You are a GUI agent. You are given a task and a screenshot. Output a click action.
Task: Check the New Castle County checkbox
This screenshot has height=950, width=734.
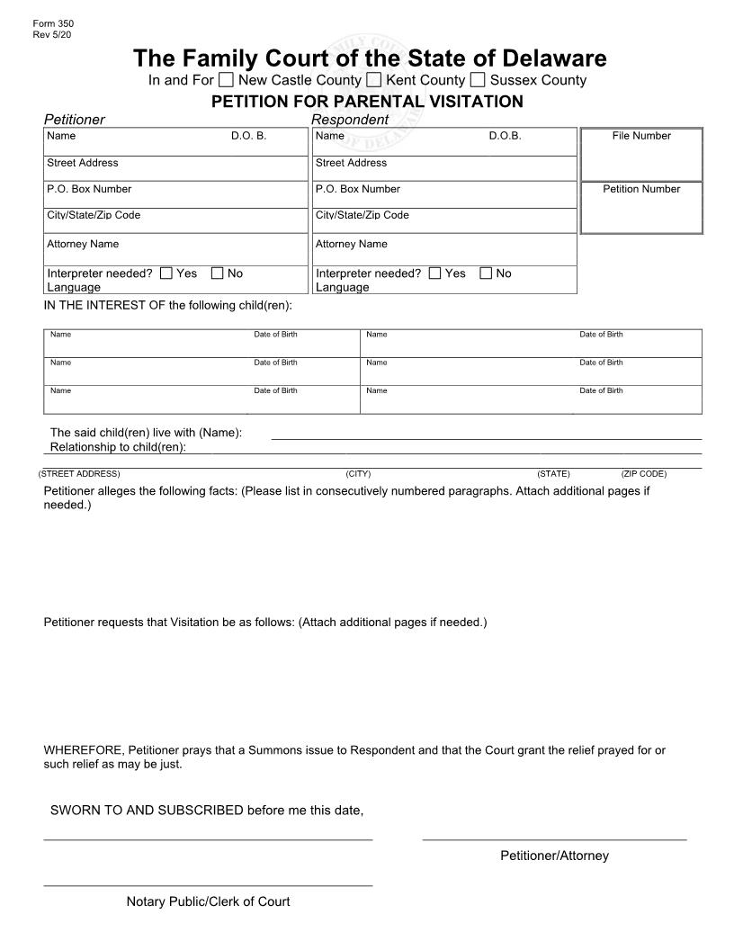[226, 80]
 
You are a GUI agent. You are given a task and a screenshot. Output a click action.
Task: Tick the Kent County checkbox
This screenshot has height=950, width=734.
[374, 80]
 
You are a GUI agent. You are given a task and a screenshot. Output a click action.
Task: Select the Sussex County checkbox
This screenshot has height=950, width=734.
[478, 80]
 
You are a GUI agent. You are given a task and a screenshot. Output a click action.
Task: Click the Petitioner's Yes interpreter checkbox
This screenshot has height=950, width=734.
[166, 273]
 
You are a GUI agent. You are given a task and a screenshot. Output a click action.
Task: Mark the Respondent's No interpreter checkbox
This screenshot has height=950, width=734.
[487, 273]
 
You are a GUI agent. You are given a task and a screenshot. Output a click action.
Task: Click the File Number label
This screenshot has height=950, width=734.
[641, 136]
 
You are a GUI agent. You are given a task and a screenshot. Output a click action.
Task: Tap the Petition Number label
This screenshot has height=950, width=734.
[641, 189]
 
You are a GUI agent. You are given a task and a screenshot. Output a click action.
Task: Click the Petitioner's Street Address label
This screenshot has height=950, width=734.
[82, 163]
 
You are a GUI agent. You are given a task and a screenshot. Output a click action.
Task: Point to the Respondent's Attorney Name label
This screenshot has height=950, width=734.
[351, 244]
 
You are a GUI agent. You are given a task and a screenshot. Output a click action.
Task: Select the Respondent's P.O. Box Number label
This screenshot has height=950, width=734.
[357, 189]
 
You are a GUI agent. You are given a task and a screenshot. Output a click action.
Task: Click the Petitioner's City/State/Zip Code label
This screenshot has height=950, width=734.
[94, 215]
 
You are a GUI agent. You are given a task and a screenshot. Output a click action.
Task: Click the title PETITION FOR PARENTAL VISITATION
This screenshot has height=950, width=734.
[367, 102]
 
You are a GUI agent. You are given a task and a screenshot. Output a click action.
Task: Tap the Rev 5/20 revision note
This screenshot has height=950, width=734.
[51, 34]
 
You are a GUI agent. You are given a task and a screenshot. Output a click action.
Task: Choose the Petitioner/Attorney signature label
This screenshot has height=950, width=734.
[554, 856]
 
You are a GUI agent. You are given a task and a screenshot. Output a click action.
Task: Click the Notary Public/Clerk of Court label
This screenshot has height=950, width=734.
[208, 901]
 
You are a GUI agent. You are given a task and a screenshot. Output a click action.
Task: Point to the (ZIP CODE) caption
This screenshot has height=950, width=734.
[643, 473]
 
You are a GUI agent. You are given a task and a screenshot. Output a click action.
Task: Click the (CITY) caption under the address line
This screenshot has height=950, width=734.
[358, 473]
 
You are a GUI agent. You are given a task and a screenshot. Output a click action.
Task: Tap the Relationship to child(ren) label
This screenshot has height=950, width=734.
[118, 447]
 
